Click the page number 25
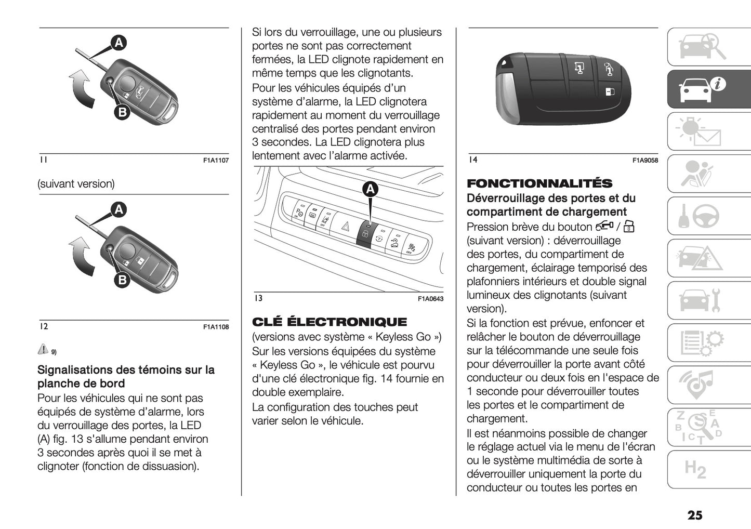694,515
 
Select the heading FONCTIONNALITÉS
539,183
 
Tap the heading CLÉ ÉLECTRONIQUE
330,322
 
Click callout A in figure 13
370,190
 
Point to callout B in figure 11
121,112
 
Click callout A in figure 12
119,209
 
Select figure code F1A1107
216,161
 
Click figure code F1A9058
645,161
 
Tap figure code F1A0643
430,299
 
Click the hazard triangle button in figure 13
345,227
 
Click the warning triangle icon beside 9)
43,349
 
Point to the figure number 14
472,160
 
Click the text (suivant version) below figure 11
76,184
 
